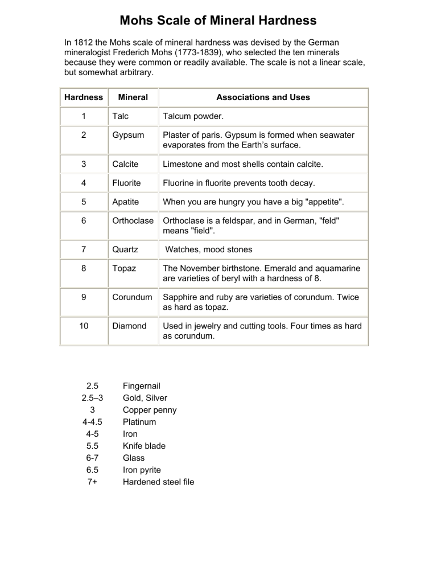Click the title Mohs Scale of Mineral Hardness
(218, 21)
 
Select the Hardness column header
(83, 97)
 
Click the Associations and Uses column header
(263, 97)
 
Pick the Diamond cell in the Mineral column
(129, 326)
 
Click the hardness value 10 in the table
(83, 326)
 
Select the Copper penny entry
(150, 410)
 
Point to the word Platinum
(139, 422)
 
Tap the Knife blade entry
(145, 446)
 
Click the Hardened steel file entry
(158, 482)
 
